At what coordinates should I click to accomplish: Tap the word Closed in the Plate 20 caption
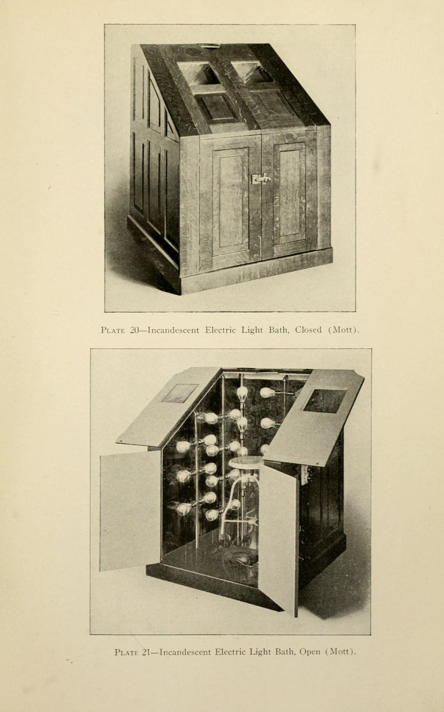308,330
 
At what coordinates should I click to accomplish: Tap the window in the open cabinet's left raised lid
180,393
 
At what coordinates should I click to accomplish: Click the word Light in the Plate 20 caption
251,330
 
